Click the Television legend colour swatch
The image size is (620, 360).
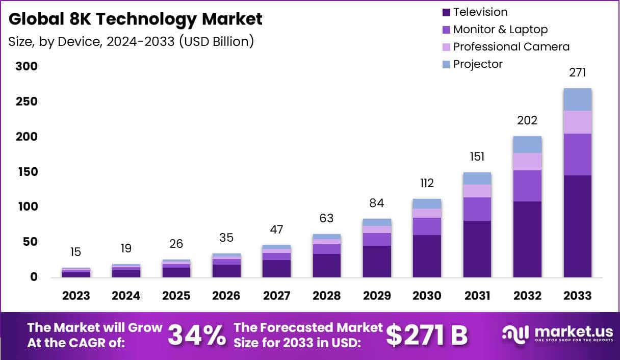[447, 12]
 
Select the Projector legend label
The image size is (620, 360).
[478, 64]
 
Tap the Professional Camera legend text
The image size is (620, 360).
[511, 47]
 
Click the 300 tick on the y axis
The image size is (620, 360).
[27, 67]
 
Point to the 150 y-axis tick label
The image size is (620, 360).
[27, 172]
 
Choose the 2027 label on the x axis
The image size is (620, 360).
[276, 296]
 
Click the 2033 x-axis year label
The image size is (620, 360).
[578, 296]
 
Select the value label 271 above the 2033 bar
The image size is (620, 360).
[578, 73]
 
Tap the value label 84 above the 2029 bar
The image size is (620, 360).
[377, 203]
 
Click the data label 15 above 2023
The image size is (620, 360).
[76, 252]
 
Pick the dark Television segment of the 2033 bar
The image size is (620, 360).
[578, 226]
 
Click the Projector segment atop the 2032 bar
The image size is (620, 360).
[527, 145]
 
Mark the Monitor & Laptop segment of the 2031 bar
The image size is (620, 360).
[477, 209]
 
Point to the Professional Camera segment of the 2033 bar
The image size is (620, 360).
[578, 122]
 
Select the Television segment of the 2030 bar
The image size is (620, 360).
[427, 256]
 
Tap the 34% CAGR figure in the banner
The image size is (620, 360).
[196, 335]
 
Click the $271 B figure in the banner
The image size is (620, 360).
[426, 335]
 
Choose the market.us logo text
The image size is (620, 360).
[563, 331]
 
